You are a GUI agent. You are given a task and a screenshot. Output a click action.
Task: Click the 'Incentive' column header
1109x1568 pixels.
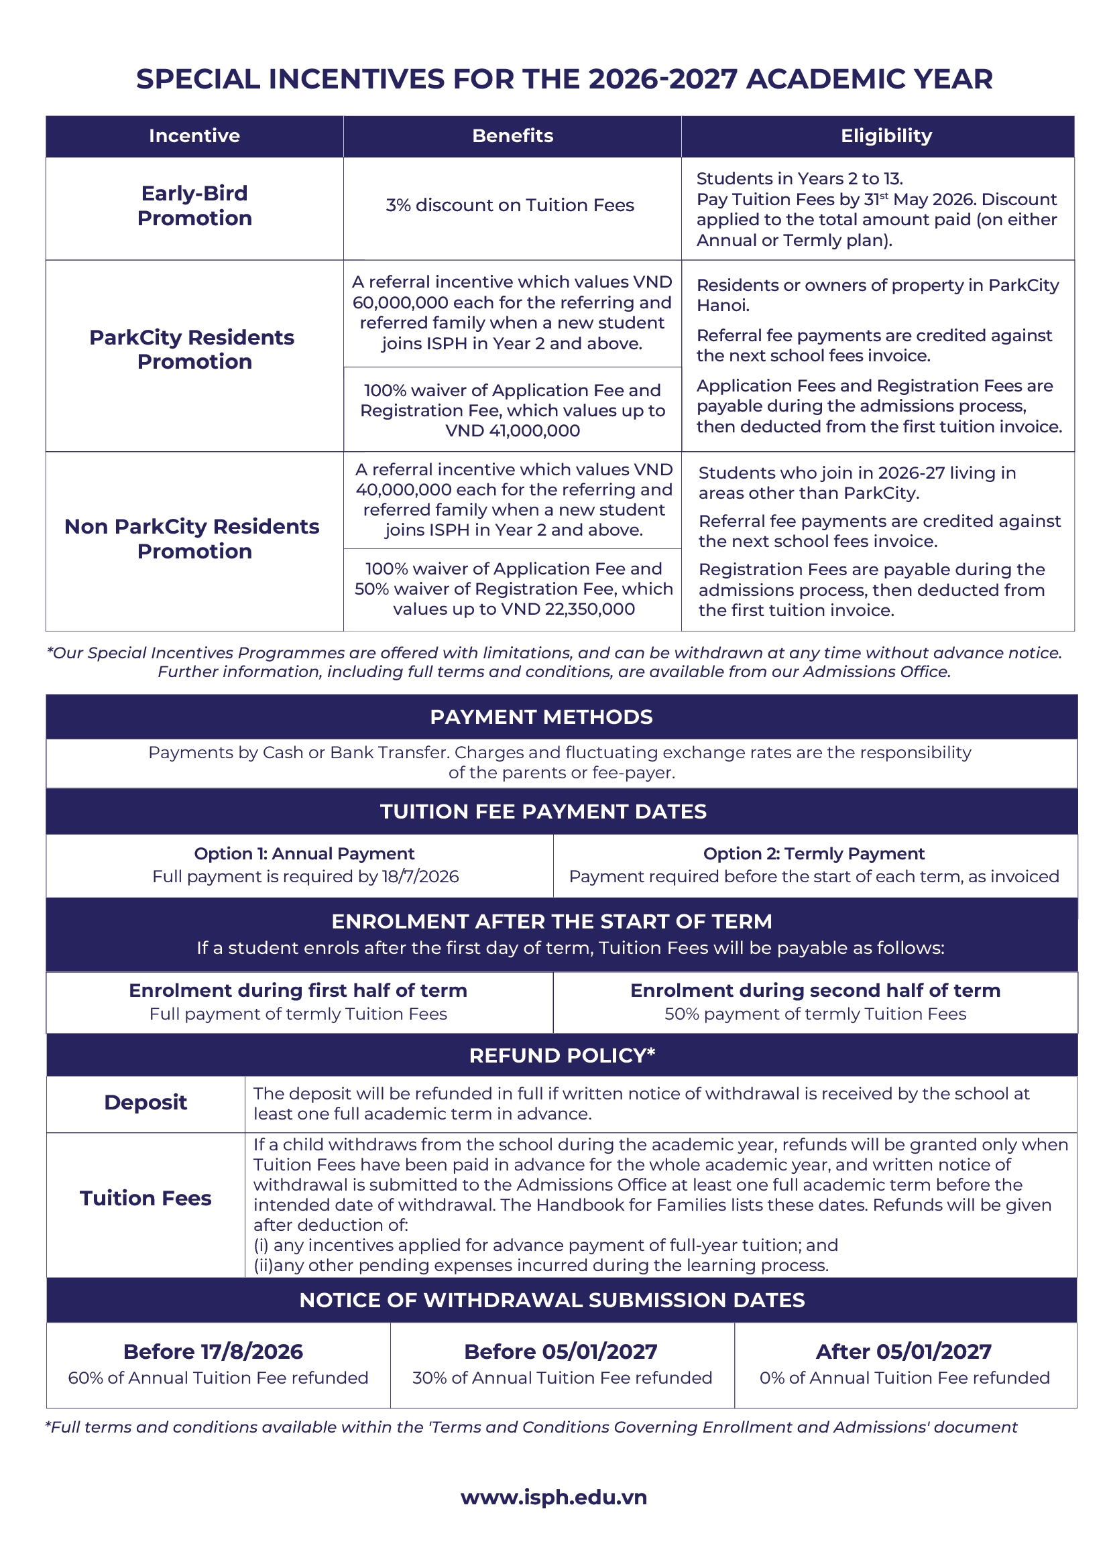pyautogui.click(x=194, y=136)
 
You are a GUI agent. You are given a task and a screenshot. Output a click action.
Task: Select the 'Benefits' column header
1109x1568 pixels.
pyautogui.click(x=512, y=136)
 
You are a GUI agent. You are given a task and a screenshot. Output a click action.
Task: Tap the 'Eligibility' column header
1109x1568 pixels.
pyautogui.click(x=886, y=136)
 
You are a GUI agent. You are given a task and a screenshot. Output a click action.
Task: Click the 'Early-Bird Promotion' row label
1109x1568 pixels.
pyautogui.click(x=194, y=206)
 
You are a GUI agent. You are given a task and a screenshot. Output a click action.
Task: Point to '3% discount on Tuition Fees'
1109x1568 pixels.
pyautogui.click(x=510, y=206)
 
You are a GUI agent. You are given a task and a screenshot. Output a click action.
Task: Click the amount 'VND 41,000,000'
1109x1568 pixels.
pyautogui.click(x=512, y=431)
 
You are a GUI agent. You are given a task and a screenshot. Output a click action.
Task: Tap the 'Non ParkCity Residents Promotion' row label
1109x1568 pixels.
pyautogui.click(x=192, y=539)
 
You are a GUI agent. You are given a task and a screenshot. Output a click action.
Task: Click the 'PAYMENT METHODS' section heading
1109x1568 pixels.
pyautogui.click(x=541, y=717)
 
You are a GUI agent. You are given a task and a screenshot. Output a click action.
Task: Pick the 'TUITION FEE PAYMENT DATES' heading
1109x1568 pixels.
pyautogui.click(x=543, y=811)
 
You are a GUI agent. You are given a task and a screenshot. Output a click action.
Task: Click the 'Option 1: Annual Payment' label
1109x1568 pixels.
pyautogui.click(x=304, y=853)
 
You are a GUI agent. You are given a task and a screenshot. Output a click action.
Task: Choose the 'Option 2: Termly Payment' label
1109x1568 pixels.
pyautogui.click(x=813, y=853)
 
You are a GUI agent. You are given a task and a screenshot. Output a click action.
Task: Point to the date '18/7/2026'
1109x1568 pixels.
pyautogui.click(x=420, y=877)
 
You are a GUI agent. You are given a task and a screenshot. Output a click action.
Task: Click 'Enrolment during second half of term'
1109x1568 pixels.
pyautogui.click(x=815, y=990)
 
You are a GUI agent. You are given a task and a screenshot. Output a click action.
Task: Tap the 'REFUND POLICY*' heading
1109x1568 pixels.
pyautogui.click(x=561, y=1056)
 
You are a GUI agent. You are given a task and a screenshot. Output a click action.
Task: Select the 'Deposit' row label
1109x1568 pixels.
pyautogui.click(x=145, y=1103)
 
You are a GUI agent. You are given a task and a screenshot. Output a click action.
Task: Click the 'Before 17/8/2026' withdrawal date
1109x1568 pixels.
pyautogui.click(x=213, y=1351)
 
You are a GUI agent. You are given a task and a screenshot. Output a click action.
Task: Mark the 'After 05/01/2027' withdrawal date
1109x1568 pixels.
pyautogui.click(x=903, y=1351)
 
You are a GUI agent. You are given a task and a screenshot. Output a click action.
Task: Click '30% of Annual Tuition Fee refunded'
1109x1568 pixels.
pyautogui.click(x=561, y=1378)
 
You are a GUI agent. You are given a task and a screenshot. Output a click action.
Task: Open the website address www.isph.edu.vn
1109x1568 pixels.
pyautogui.click(x=554, y=1498)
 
